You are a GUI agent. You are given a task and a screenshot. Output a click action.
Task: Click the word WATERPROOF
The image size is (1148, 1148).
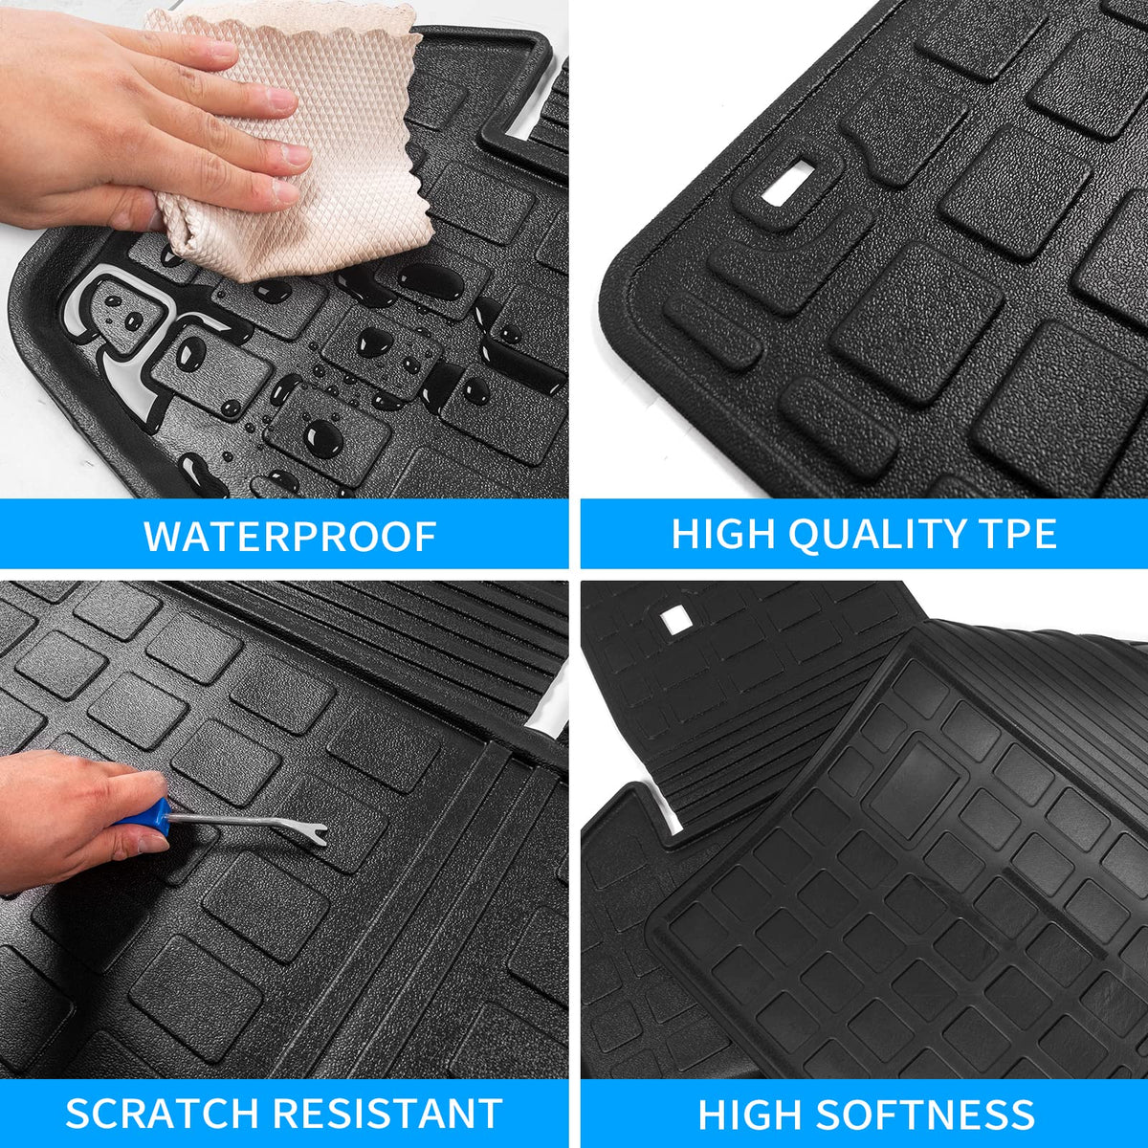click(290, 536)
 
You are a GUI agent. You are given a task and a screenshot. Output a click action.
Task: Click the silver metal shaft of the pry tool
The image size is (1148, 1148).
click(227, 819)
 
